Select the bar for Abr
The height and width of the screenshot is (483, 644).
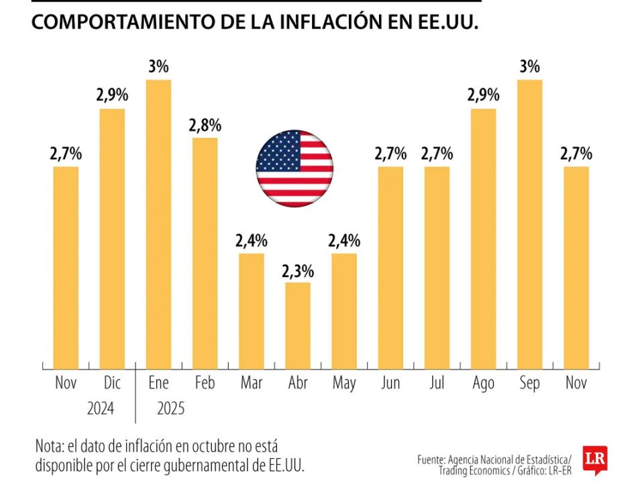(298, 325)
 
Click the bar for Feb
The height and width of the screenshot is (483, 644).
(205, 254)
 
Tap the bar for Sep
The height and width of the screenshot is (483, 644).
(530, 224)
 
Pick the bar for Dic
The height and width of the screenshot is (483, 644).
(113, 239)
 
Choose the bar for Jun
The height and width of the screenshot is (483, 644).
(390, 268)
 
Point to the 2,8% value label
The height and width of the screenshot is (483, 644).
(205, 125)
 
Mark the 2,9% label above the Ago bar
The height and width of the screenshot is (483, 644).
(483, 95)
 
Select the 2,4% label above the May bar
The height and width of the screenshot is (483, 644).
(344, 240)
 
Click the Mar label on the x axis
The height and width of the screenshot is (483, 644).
(252, 384)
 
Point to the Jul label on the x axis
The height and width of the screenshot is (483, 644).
(437, 384)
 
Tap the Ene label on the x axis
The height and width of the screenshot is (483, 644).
(159, 384)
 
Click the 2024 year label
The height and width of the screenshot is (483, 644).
(101, 409)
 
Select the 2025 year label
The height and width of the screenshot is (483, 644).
(170, 409)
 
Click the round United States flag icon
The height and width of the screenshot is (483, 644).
(294, 168)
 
